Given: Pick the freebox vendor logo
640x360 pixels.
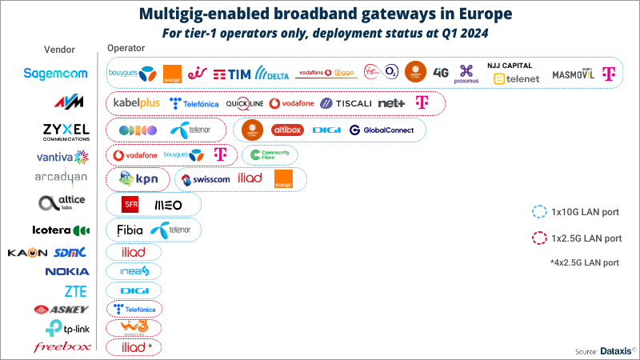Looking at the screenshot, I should tap(62, 346).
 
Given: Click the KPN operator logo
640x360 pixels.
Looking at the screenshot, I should tap(138, 179).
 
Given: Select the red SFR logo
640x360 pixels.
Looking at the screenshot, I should tap(131, 205).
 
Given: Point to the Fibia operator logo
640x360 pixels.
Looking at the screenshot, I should tap(130, 230).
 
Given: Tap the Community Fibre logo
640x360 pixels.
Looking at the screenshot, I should tap(269, 154).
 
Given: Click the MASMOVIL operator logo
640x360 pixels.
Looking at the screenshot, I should tap(574, 74).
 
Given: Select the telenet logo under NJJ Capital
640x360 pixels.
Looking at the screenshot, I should tap(516, 78).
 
